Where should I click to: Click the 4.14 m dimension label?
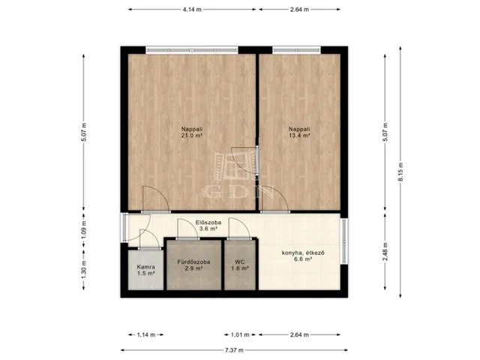[x=192, y=10]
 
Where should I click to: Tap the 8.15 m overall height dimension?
[x=400, y=172]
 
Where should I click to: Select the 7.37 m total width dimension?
[x=234, y=350]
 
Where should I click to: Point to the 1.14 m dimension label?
[x=146, y=335]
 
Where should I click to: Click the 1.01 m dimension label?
[x=240, y=335]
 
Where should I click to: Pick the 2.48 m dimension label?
[x=385, y=252]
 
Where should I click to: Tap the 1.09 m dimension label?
[x=84, y=229]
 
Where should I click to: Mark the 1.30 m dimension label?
[x=84, y=270]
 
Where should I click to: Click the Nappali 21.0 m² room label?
[x=192, y=132]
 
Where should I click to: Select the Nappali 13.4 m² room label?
[x=299, y=132]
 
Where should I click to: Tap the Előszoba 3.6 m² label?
[x=208, y=226]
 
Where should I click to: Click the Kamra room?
[x=145, y=270]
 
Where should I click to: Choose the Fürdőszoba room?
[x=193, y=265]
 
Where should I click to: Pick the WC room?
[x=240, y=265]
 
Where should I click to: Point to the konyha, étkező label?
[x=303, y=253]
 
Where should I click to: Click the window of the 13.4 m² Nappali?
[x=297, y=50]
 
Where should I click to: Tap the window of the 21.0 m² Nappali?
[x=192, y=50]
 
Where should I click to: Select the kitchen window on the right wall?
[x=344, y=241]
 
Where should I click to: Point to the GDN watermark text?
[x=238, y=192]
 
